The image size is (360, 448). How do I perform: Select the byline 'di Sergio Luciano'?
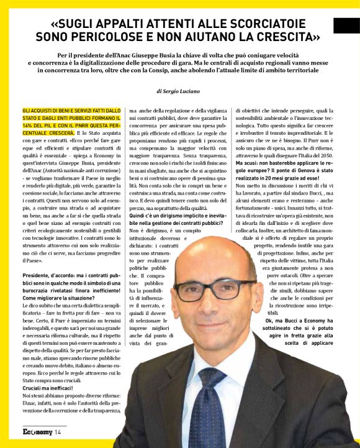point(179,91)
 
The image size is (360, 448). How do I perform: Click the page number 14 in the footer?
point(57,431)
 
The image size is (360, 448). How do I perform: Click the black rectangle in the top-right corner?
point(346,25)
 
